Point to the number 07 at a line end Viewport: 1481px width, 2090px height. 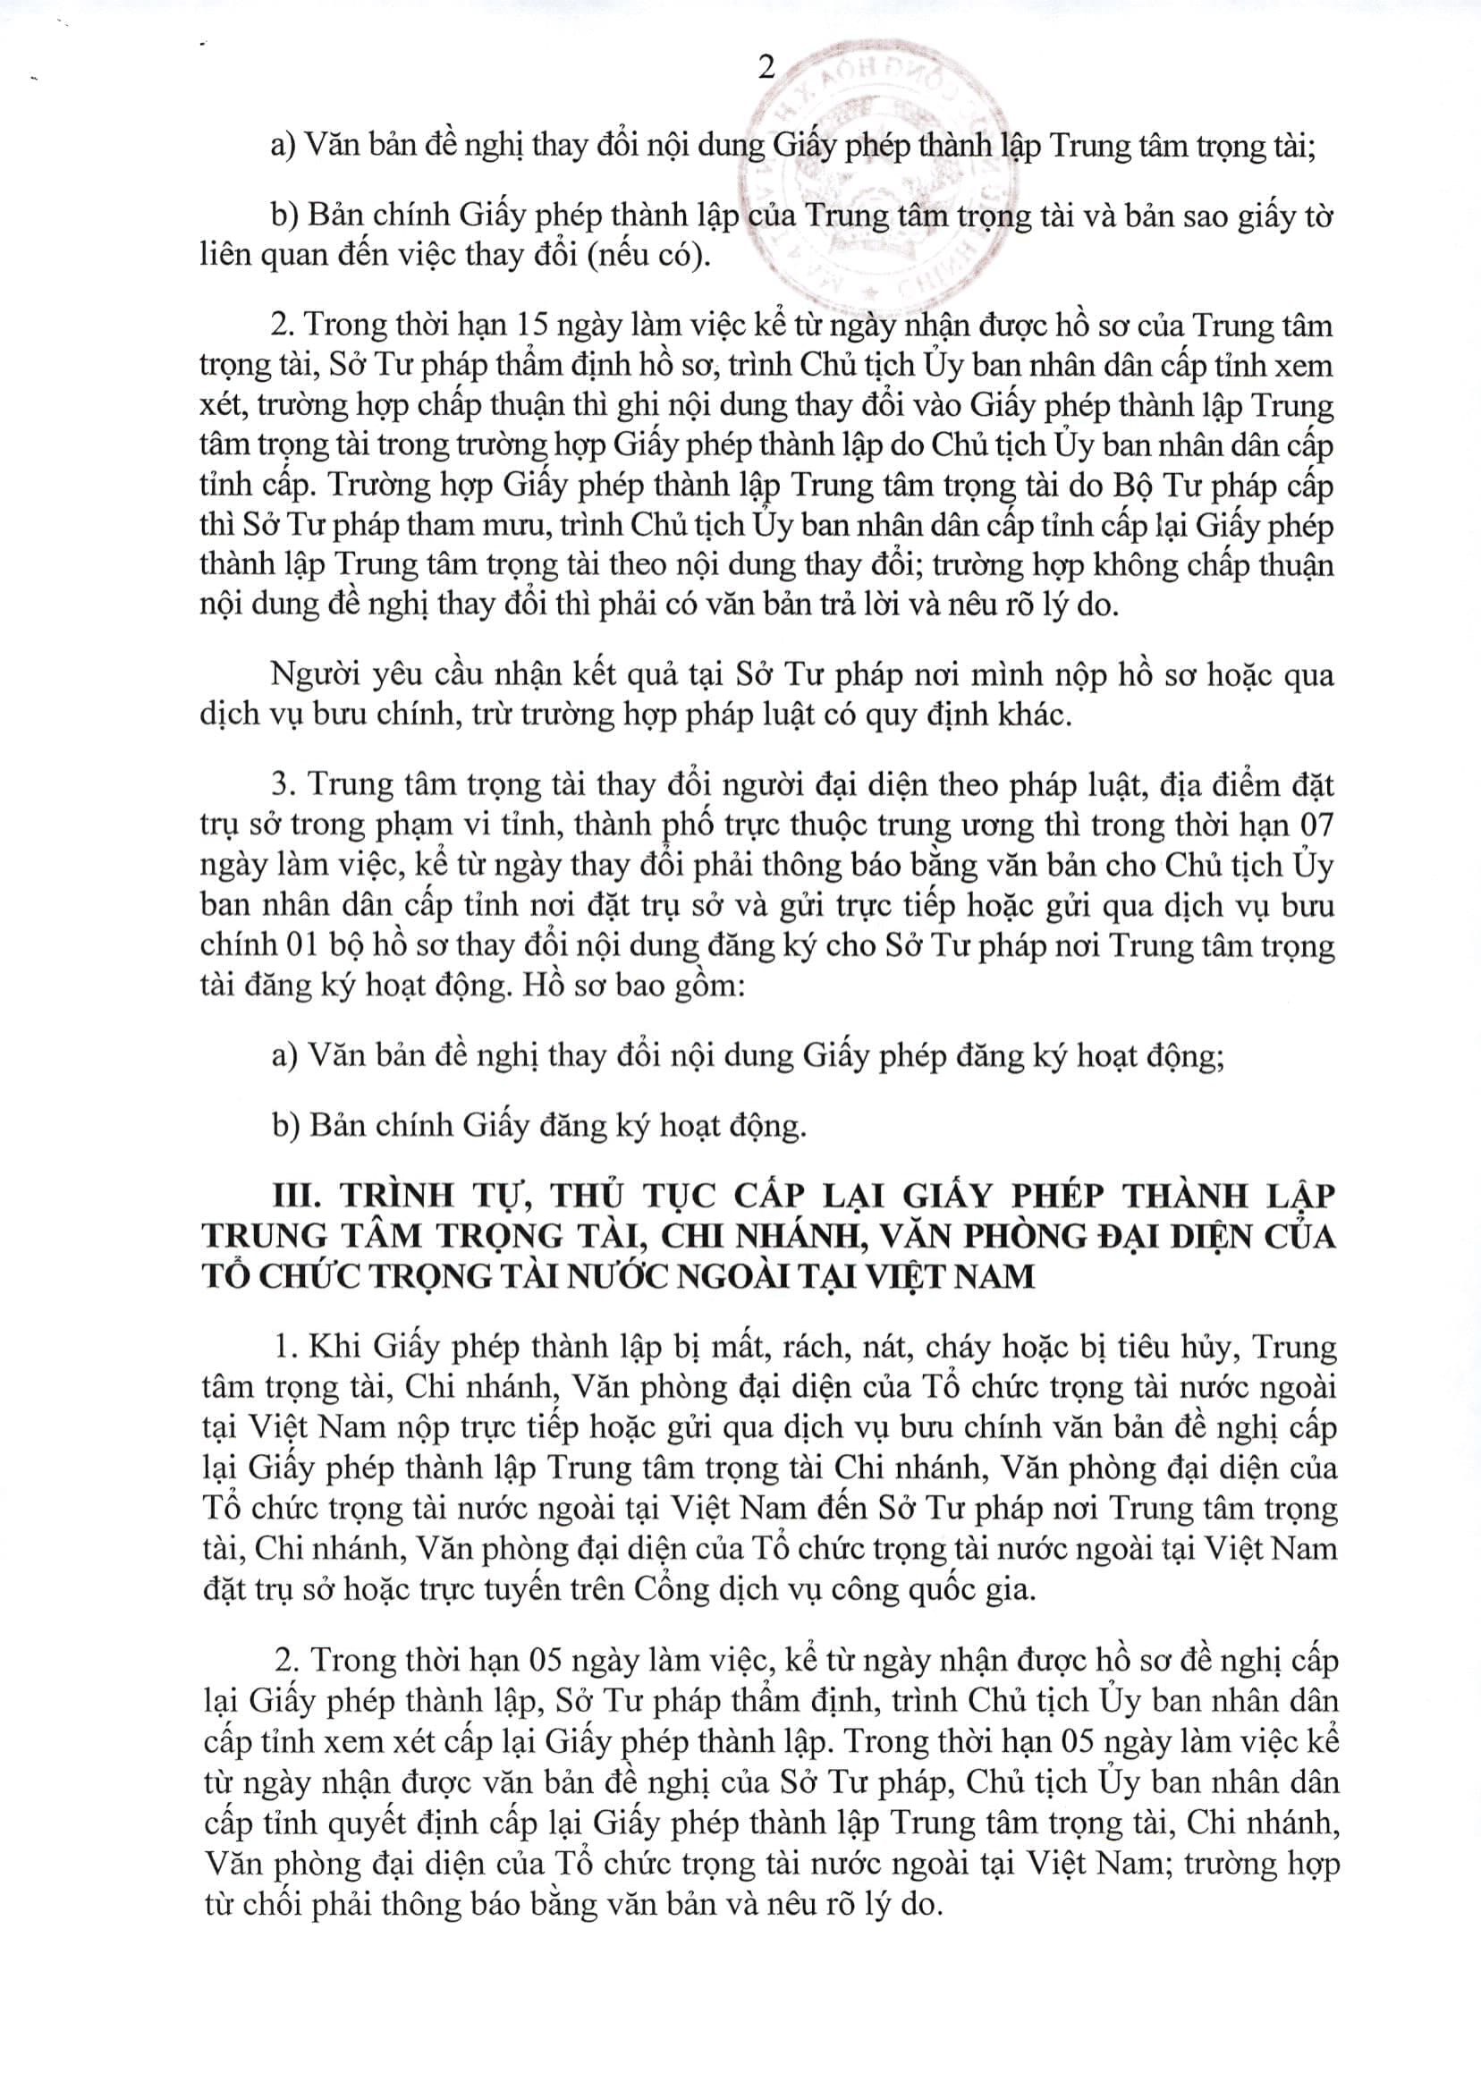[1314, 825]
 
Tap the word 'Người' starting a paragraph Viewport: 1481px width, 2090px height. [311, 675]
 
